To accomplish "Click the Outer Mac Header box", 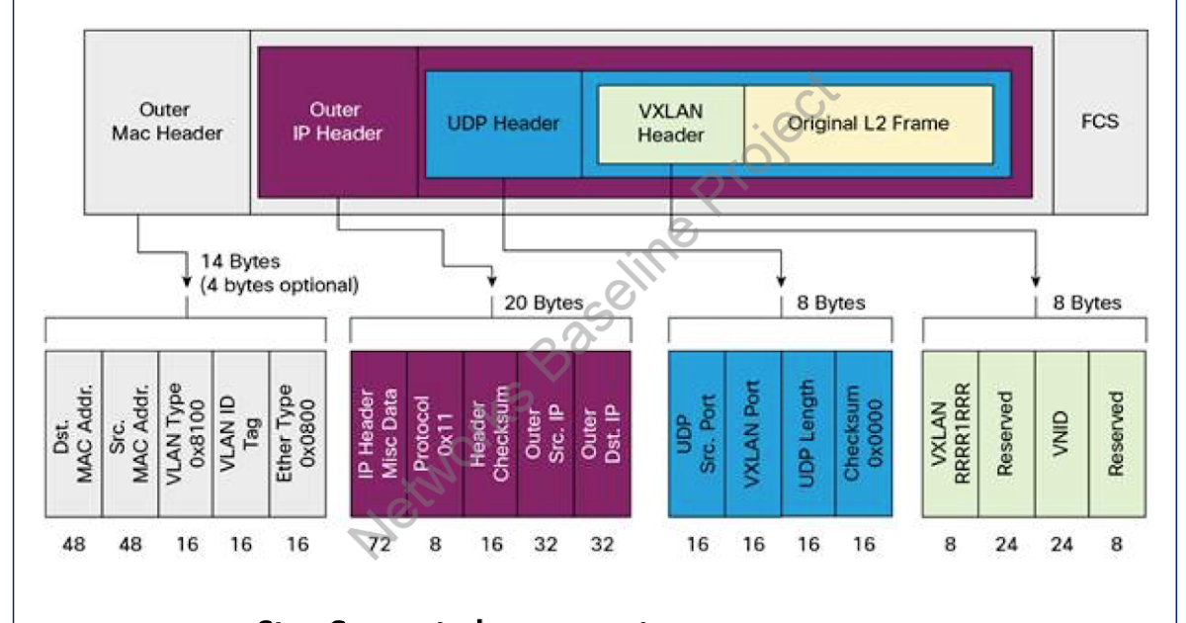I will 166,122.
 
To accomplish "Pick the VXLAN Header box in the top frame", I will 670,124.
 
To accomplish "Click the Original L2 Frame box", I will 868,124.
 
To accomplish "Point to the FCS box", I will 1099,122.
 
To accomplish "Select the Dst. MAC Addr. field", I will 74,432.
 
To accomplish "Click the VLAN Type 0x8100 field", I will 185,432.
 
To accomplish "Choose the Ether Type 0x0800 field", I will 296,432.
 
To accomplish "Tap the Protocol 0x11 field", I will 435,432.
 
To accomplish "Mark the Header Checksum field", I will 490,432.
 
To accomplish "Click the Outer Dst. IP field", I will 602,432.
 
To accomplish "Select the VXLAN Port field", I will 752,432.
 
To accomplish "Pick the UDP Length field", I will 807,432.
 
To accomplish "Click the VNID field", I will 1061,432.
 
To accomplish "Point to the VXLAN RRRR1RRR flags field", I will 950,432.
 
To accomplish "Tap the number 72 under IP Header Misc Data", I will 380,544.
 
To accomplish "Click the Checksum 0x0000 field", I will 863,432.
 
